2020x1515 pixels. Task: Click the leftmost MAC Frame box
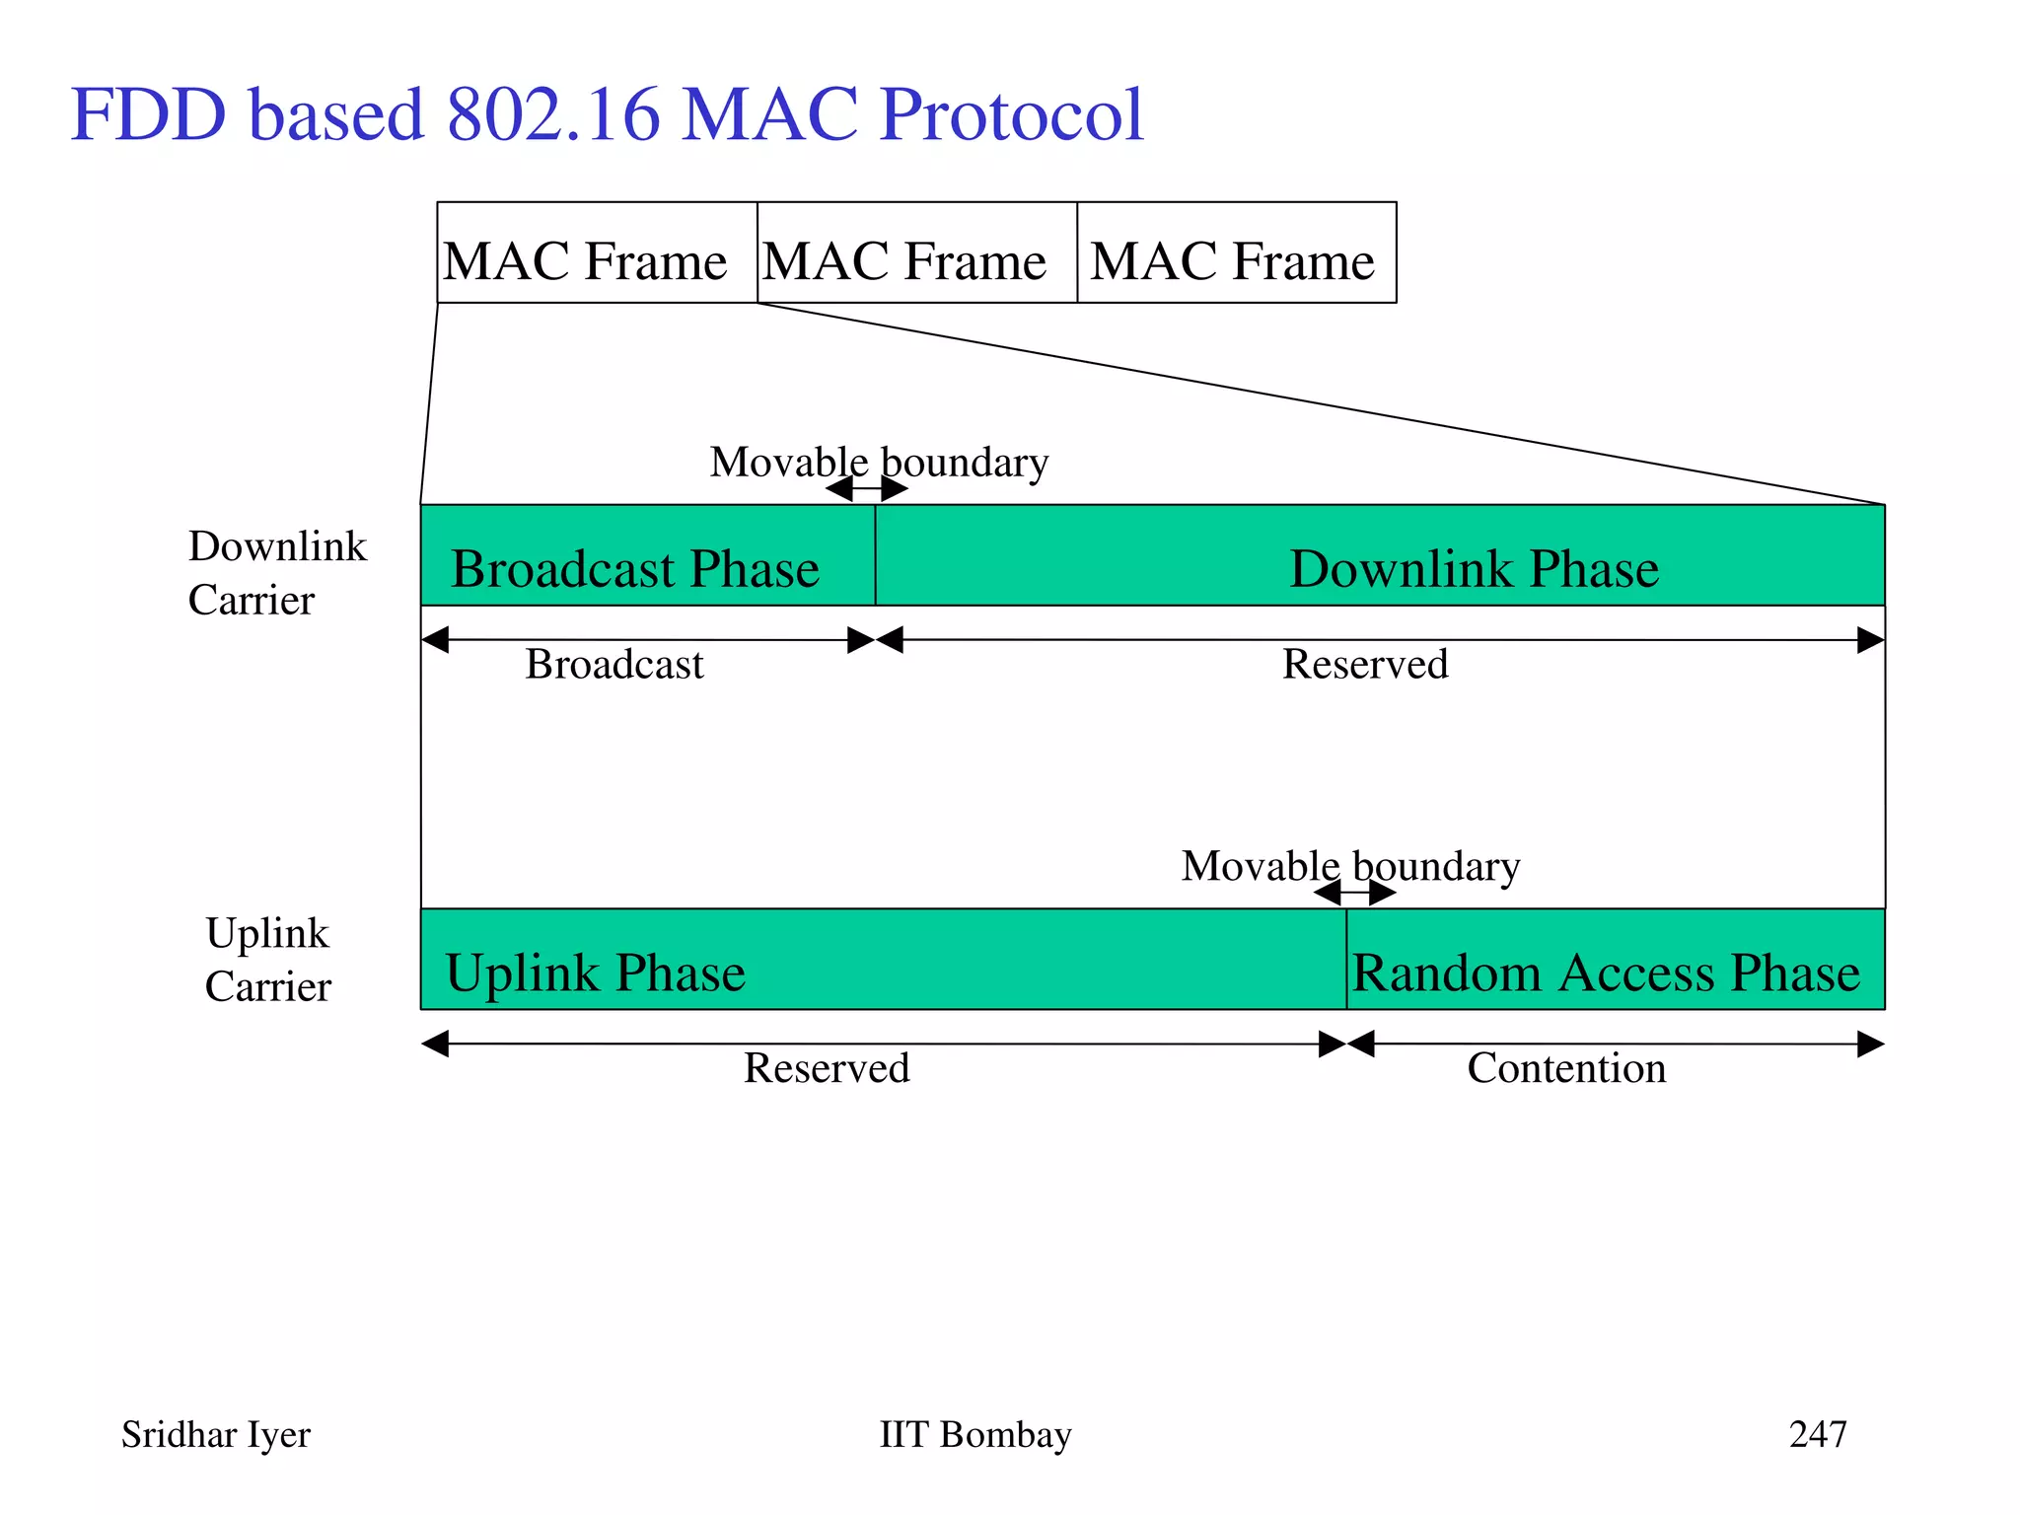[x=597, y=252]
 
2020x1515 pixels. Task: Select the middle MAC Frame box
[x=916, y=252]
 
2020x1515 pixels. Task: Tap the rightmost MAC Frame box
[x=1236, y=252]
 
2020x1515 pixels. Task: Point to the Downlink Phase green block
[x=1379, y=556]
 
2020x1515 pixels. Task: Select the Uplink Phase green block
[x=883, y=960]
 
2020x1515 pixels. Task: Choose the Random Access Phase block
[x=1615, y=960]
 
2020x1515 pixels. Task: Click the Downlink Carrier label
[x=276, y=573]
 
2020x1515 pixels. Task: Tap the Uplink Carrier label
[x=268, y=960]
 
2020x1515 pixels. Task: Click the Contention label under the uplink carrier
[x=1566, y=1068]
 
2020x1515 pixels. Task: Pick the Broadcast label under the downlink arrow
[x=614, y=665]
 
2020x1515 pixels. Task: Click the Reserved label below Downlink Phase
[x=1365, y=665]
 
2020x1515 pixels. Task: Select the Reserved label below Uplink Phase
[x=827, y=1068]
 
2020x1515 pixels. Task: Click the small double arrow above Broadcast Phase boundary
[x=867, y=489]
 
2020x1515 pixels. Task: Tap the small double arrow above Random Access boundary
[x=1354, y=894]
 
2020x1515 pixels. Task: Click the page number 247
[x=1817, y=1434]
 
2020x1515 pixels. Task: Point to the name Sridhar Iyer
[x=215, y=1435]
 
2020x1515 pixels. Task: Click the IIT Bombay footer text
[x=974, y=1434]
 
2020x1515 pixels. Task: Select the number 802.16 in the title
[x=552, y=115]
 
